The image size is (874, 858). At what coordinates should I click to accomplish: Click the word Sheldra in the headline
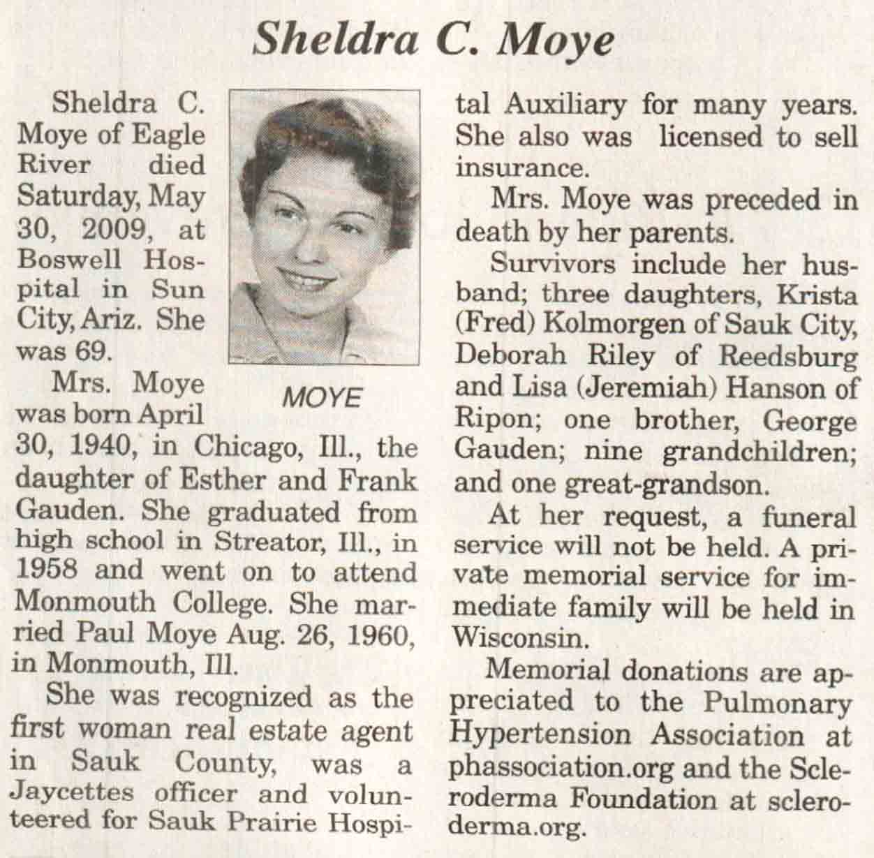(334, 40)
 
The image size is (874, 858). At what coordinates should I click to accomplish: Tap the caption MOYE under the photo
(323, 398)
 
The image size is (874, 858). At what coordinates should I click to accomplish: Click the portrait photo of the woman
(325, 227)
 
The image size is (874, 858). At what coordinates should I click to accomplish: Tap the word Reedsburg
(787, 356)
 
